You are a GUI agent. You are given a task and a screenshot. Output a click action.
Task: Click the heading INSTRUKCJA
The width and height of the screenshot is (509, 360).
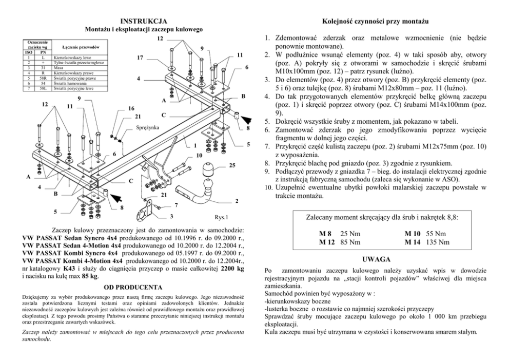(144, 21)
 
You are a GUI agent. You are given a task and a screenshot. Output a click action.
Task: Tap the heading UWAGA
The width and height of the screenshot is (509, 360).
(377, 258)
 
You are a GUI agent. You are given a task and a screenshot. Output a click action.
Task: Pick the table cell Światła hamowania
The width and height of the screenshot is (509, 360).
(70, 83)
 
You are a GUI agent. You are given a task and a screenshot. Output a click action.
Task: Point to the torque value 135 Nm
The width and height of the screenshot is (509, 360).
(439, 242)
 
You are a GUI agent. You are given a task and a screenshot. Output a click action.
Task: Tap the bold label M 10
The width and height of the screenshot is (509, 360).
(413, 233)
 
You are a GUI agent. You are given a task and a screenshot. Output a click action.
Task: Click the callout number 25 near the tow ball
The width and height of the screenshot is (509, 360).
(232, 165)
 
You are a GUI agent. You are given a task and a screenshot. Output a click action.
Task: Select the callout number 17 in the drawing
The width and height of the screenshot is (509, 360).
(140, 58)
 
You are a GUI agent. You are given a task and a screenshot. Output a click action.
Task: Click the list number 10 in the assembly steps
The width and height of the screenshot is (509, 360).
(268, 188)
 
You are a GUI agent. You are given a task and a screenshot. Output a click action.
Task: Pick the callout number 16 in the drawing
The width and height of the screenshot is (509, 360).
(131, 108)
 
